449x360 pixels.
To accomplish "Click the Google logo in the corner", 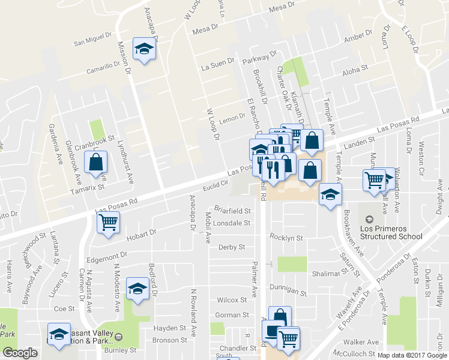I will pos(20,353).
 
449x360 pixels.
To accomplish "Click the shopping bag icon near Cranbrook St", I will pos(96,162).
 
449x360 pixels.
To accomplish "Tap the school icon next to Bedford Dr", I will pos(137,289).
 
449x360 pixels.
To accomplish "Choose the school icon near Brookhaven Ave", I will pos(330,195).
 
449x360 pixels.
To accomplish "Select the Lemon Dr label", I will pos(233,118).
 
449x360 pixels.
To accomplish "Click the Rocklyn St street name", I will pos(286,238).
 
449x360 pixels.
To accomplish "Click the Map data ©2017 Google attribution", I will pos(411,355).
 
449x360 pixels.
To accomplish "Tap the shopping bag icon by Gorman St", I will pos(280,317).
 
